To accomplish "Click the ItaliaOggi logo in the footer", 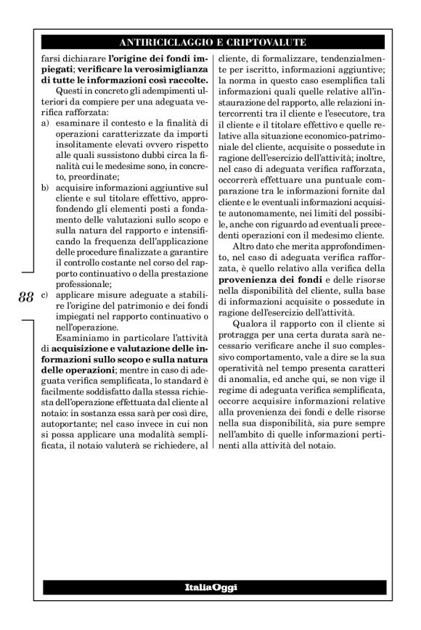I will coord(210,585).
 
